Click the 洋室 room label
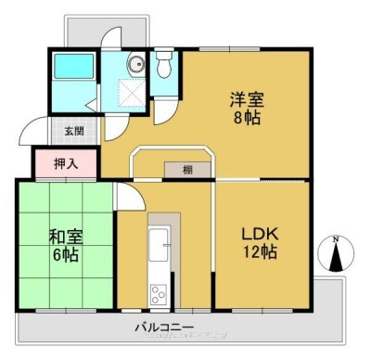(x=247, y=99)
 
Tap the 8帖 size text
(x=247, y=118)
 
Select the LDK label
(x=260, y=234)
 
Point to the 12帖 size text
(x=261, y=251)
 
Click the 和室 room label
(x=66, y=238)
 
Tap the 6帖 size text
(x=66, y=254)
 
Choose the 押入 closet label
(x=66, y=164)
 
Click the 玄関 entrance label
(x=74, y=131)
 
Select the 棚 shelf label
(x=187, y=170)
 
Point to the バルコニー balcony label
(x=164, y=327)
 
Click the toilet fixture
(x=164, y=64)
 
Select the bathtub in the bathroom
(x=74, y=66)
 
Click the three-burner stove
(x=159, y=295)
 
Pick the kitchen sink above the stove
(x=159, y=244)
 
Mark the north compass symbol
(x=336, y=253)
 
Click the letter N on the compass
(x=335, y=239)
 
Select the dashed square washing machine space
(x=132, y=93)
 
